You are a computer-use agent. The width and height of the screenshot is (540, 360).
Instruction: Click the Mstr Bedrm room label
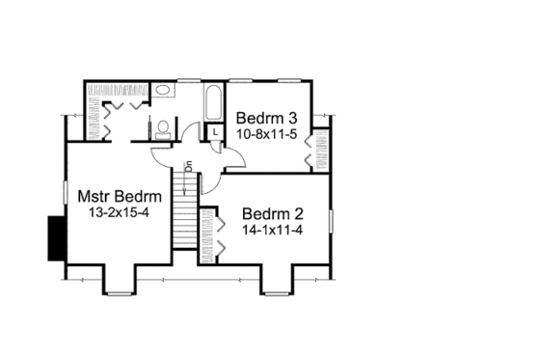coord(119,196)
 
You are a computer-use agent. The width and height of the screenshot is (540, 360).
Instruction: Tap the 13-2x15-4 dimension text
coord(119,213)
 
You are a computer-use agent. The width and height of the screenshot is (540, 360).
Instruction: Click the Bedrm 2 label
coord(267,213)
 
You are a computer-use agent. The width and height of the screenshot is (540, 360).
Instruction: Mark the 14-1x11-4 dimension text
coord(267,230)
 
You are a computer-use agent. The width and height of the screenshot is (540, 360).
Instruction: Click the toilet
coord(163,125)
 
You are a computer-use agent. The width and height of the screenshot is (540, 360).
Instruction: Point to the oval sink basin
coord(164,91)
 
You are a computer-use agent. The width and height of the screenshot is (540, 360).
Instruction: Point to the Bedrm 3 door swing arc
coord(235,161)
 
